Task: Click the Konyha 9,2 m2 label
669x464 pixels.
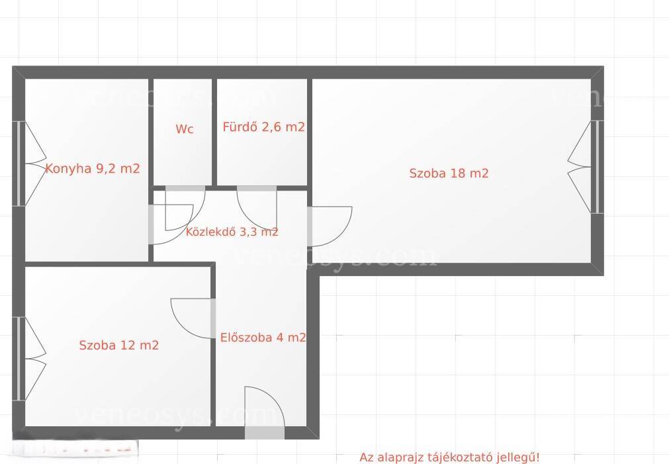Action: coord(93,169)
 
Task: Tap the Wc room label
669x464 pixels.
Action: coord(185,129)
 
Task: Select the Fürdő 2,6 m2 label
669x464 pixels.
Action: coord(263,127)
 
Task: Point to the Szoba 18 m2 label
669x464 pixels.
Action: coord(449,173)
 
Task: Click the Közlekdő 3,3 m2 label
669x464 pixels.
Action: coord(232,232)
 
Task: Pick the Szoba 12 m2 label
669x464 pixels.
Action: coord(119,345)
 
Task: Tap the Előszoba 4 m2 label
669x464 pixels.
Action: coord(263,338)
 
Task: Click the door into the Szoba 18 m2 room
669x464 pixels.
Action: coord(330,226)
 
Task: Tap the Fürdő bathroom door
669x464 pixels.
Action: coord(257,207)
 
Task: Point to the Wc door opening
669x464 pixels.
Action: coord(185,208)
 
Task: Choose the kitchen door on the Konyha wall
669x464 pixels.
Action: coord(171,224)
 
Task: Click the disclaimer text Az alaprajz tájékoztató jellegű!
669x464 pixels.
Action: coord(449,457)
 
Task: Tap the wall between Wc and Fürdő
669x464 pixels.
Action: coord(214,132)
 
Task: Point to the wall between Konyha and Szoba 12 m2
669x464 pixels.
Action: coord(87,264)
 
